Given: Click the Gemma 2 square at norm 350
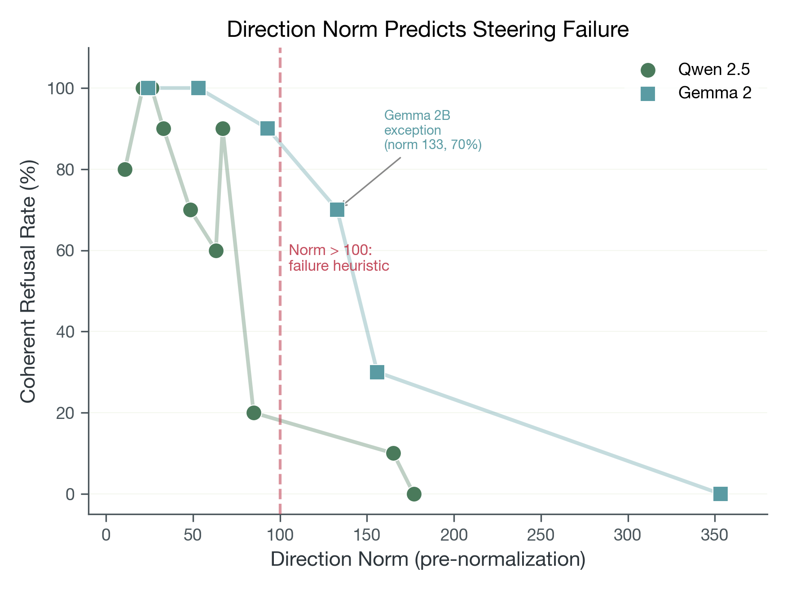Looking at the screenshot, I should tap(720, 494).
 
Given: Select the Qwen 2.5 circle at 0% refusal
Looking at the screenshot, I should tap(414, 494).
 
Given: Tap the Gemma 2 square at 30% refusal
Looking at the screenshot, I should tap(377, 372).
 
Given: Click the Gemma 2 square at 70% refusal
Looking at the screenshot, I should tap(337, 210).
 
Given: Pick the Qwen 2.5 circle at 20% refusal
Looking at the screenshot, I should tap(254, 413).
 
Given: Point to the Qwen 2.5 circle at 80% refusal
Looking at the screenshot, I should tap(125, 169).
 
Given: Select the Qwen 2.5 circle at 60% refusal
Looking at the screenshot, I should tap(216, 251).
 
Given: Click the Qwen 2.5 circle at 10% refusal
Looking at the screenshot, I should tap(393, 454).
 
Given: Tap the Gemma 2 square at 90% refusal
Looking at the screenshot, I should tap(268, 129).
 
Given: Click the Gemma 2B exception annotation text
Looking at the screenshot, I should tap(432, 130).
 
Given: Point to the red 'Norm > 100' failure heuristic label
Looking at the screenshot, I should tap(339, 258).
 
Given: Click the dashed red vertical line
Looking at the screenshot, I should tap(280, 314).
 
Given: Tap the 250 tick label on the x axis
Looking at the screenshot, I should tap(541, 535).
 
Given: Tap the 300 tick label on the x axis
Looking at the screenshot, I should tap(628, 535).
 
